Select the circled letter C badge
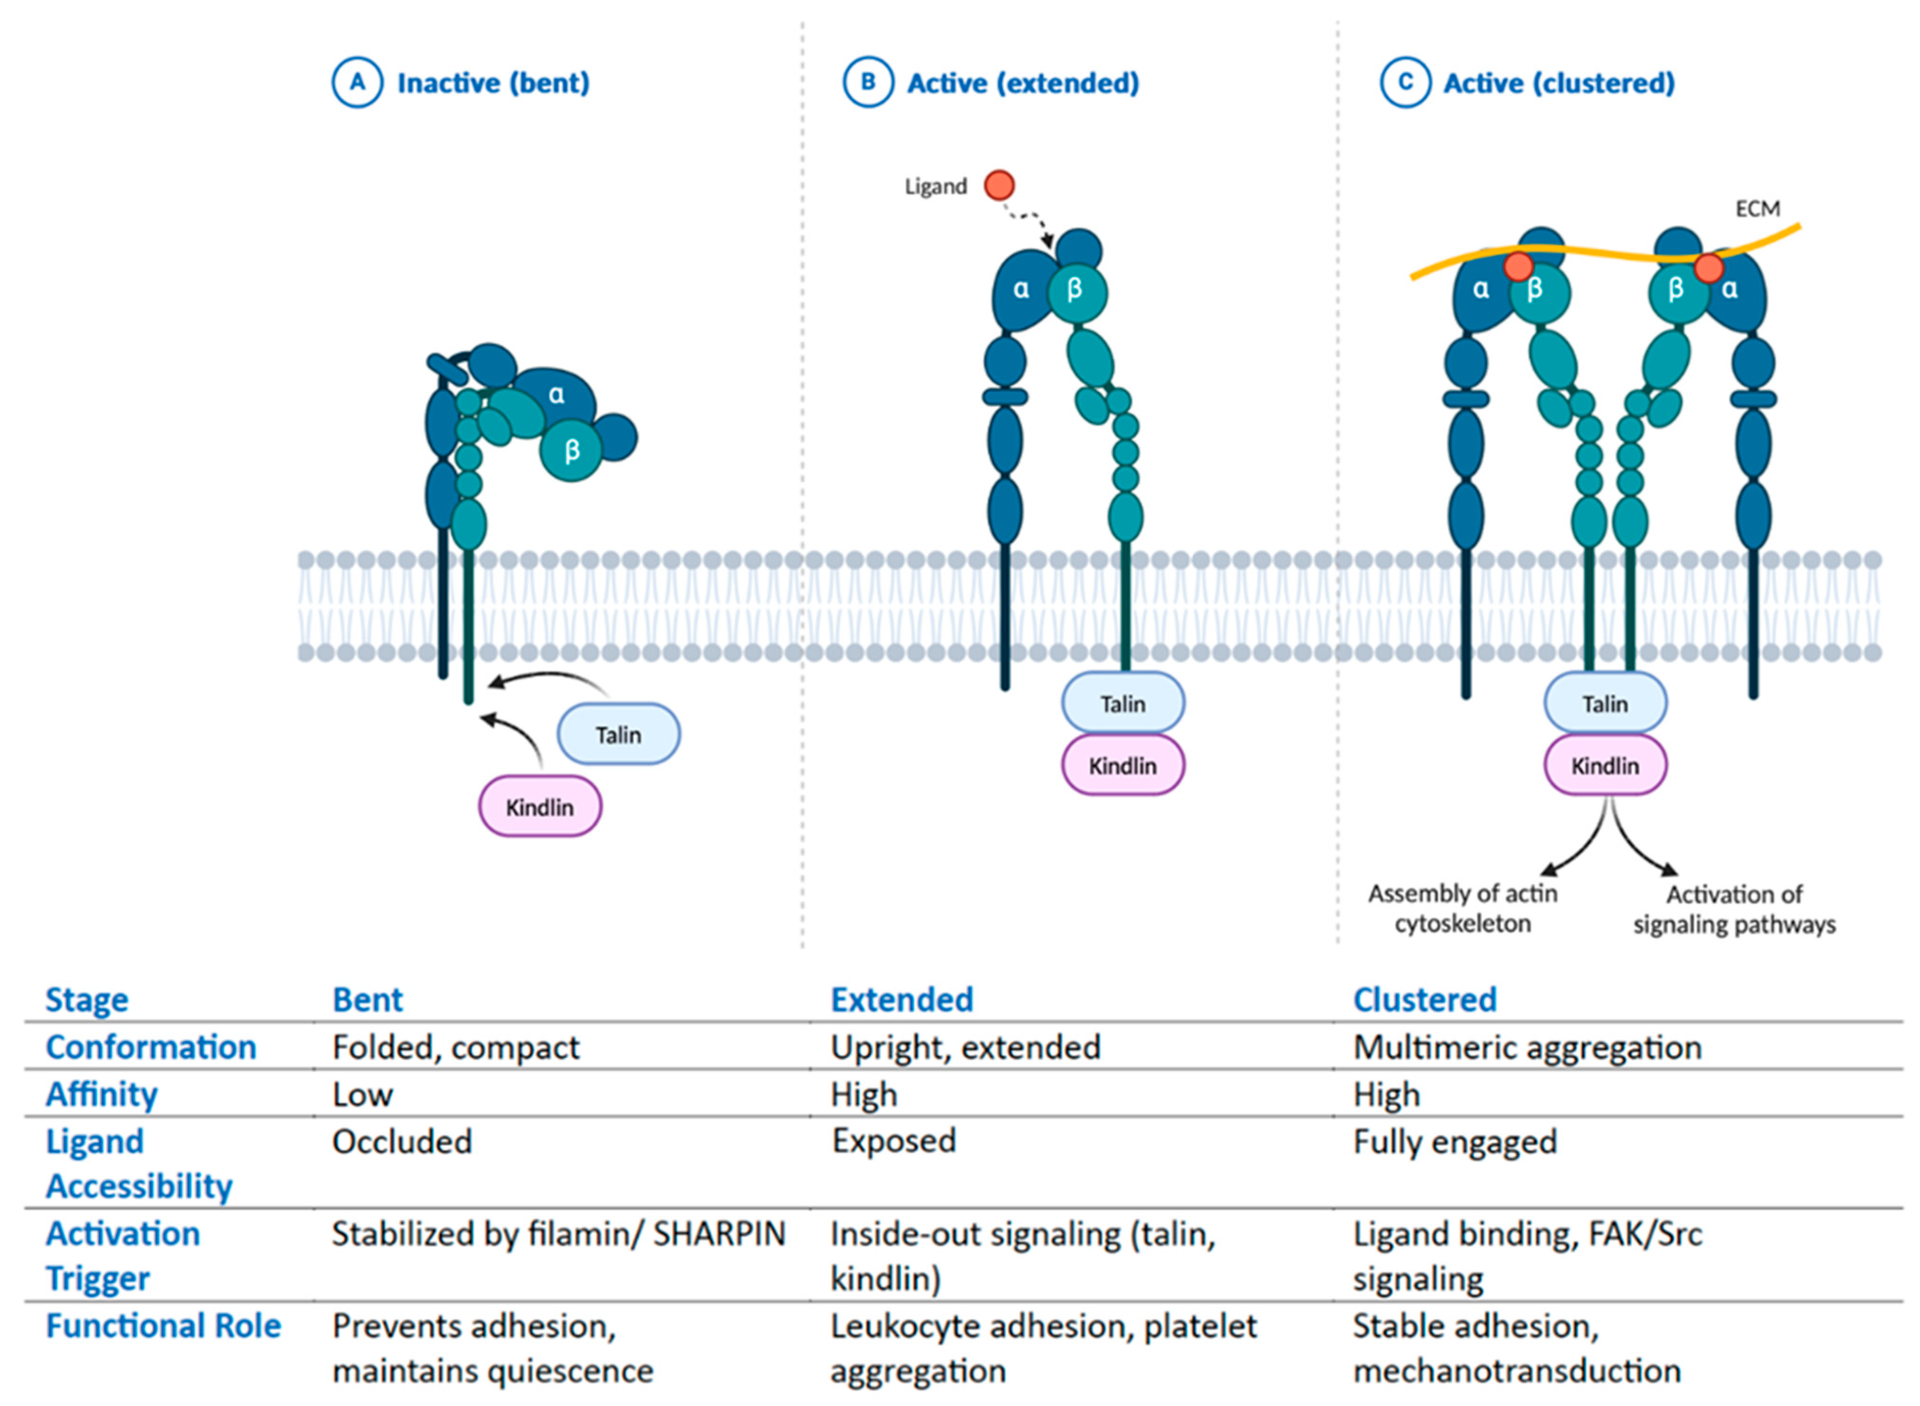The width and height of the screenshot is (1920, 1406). tap(1404, 83)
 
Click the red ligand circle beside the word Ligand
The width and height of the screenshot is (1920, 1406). tap(999, 185)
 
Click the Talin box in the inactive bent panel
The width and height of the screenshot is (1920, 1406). tap(618, 734)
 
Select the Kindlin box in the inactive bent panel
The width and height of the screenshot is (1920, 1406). tap(540, 806)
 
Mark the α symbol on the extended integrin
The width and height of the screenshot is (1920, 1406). tap(1020, 289)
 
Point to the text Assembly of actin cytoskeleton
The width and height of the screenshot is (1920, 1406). tap(1462, 908)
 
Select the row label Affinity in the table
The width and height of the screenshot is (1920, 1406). tap(102, 1094)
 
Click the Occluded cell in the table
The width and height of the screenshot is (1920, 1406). tap(402, 1141)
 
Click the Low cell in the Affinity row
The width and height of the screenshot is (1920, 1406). tap(362, 1094)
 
